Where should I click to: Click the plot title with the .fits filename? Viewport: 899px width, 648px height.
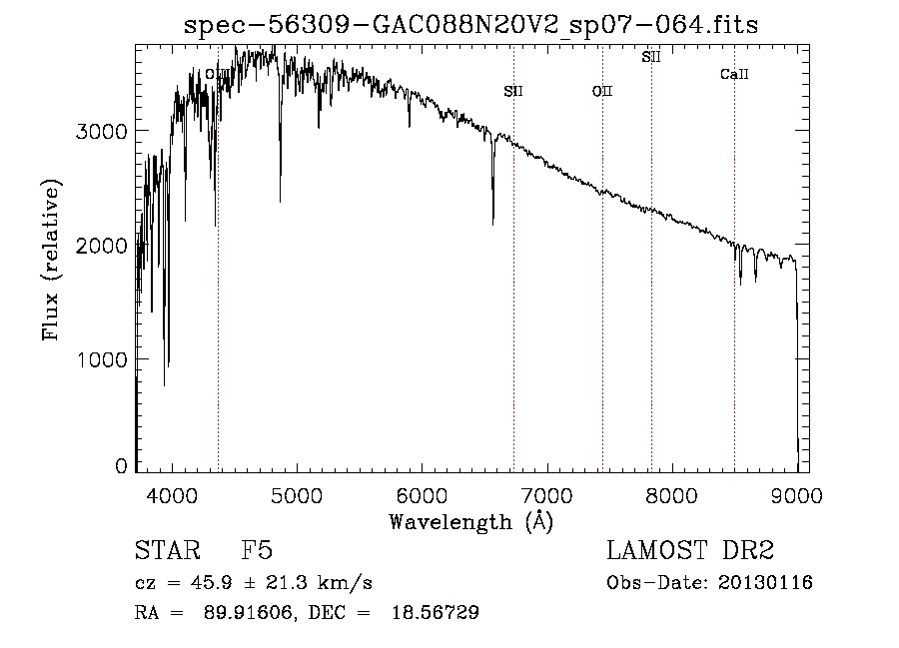point(471,25)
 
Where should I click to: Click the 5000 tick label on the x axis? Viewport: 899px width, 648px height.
point(297,495)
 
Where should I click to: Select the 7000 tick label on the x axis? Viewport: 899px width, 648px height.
point(546,495)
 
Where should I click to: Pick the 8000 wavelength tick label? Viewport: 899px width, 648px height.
point(671,495)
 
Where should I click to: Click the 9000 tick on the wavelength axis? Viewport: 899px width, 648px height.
point(796,495)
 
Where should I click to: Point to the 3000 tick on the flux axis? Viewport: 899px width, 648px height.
point(102,131)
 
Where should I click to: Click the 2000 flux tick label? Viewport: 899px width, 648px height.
point(102,246)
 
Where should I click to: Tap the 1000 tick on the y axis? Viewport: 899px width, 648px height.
point(102,359)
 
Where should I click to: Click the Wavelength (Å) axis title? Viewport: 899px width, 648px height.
point(470,521)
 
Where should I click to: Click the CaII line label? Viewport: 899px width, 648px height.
point(734,75)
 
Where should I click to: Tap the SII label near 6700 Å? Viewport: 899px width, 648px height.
point(513,92)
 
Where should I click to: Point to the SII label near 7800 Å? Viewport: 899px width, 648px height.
point(651,57)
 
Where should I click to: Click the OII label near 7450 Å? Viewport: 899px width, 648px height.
point(602,92)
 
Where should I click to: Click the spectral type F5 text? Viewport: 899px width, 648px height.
point(257,552)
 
